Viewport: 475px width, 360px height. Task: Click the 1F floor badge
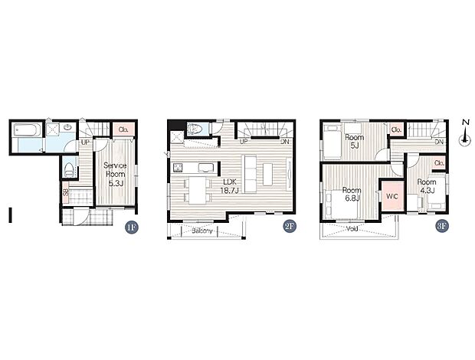[x=132, y=227]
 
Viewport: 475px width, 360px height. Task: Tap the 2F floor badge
[x=290, y=227]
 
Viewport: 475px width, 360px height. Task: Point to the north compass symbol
[x=464, y=133]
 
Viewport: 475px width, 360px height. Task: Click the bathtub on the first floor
[x=28, y=130]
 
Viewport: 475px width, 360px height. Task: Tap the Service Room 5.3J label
[x=115, y=174]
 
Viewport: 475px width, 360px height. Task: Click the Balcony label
[x=202, y=231]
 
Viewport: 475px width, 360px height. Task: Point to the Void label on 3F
[x=352, y=228]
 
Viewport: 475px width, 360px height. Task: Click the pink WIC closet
[x=392, y=196]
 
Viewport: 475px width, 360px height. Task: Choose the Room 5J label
[x=355, y=141]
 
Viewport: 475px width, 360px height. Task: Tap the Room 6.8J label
[x=352, y=194]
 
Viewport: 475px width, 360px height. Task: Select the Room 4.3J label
[x=427, y=186]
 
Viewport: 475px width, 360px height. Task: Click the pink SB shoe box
[x=65, y=192]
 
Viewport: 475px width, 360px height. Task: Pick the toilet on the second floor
[x=195, y=129]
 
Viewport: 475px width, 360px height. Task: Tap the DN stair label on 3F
[x=439, y=142]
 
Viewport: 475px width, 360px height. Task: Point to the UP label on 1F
[x=85, y=142]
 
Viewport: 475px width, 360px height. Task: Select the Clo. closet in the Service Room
[x=123, y=129]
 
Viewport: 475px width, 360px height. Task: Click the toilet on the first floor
[x=69, y=169]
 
